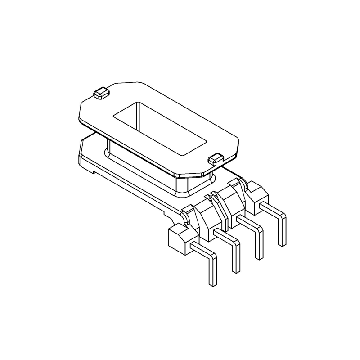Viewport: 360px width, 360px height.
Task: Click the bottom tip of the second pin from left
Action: click(x=236, y=270)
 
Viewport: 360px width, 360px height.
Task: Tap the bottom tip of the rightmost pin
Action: click(x=283, y=243)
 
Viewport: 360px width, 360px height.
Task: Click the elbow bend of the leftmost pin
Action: click(x=212, y=257)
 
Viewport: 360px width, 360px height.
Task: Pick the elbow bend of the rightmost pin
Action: click(x=282, y=217)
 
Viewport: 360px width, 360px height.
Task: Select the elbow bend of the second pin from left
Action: click(x=235, y=243)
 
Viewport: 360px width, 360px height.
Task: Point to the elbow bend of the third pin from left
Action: click(x=259, y=230)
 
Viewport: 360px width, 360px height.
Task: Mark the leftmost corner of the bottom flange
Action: click(x=79, y=155)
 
